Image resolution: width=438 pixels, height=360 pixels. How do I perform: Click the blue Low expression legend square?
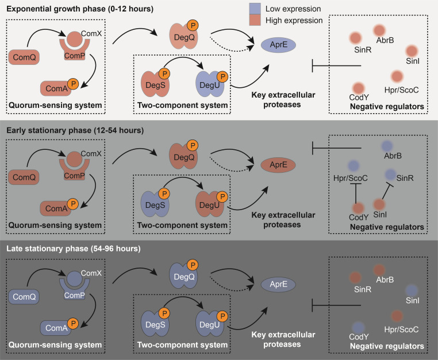[x=255, y=9]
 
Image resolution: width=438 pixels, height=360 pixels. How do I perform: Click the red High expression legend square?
[x=255, y=20]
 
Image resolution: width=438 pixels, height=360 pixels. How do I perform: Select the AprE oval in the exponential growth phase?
[x=278, y=45]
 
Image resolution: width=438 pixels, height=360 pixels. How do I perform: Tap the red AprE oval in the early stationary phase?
[x=278, y=165]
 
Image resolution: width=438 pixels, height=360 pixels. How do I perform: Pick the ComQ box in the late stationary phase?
[x=24, y=297]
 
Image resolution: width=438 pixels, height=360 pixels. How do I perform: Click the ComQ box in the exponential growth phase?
[x=24, y=57]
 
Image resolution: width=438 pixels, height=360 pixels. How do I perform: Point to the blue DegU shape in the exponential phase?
[x=210, y=84]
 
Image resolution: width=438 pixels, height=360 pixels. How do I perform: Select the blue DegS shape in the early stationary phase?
[x=155, y=204]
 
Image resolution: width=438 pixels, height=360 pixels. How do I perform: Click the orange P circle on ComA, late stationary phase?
[x=73, y=323]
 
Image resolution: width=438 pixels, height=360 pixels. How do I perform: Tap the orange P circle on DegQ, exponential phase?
[x=193, y=25]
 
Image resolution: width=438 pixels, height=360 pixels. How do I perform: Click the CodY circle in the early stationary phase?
[x=358, y=208]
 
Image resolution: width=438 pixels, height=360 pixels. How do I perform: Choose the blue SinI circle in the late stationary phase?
[x=412, y=291]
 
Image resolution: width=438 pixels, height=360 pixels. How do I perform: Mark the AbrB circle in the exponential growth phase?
[x=379, y=30]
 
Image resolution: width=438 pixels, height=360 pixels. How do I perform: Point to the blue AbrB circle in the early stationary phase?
[x=387, y=146]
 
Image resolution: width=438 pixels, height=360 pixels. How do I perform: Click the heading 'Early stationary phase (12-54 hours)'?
[x=75, y=130]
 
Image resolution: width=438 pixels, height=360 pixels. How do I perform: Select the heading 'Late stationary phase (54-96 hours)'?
[x=74, y=249]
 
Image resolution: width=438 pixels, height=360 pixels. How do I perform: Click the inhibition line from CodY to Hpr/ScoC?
[x=356, y=193]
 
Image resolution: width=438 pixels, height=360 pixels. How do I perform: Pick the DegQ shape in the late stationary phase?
[x=184, y=276]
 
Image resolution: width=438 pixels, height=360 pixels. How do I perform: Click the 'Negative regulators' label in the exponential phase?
[x=387, y=107]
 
